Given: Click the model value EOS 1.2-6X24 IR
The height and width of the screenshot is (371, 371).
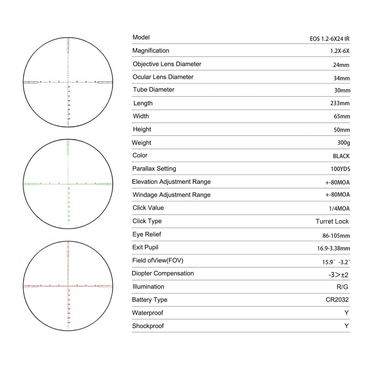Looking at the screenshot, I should click(329, 39).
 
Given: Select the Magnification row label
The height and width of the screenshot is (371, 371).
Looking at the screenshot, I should click(151, 51).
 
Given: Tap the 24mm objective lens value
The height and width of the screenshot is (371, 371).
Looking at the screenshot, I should click(341, 65).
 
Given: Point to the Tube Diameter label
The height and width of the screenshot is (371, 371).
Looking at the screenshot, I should click(154, 90).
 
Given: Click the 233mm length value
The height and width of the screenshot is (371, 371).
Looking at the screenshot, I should click(340, 103).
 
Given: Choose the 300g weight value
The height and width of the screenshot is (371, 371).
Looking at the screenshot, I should click(344, 143).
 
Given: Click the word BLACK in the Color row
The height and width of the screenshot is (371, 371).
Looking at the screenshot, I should click(341, 156).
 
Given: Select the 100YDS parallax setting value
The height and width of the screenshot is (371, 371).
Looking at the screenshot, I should click(340, 169).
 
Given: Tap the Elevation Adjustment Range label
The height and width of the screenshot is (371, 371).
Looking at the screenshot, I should click(171, 182).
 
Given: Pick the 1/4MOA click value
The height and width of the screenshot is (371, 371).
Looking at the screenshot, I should click(339, 208).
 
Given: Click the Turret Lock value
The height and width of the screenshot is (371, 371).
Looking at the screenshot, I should click(332, 221).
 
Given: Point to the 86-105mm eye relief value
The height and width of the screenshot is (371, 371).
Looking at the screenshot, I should click(336, 236).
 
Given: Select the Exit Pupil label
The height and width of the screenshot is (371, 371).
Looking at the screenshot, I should click(145, 247).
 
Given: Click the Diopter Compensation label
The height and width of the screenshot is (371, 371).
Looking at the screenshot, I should click(163, 273).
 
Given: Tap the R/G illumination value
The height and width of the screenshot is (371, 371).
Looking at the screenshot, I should click(342, 287).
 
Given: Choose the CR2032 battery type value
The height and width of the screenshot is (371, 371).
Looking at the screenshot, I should click(337, 300).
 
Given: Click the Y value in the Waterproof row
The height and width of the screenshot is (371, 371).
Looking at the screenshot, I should click(346, 313).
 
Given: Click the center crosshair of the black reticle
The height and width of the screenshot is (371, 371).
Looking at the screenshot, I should click(68, 82).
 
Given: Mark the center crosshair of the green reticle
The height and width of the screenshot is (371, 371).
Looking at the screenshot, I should click(68, 184).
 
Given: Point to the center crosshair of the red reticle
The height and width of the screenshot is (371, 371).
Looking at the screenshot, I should click(68, 286).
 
